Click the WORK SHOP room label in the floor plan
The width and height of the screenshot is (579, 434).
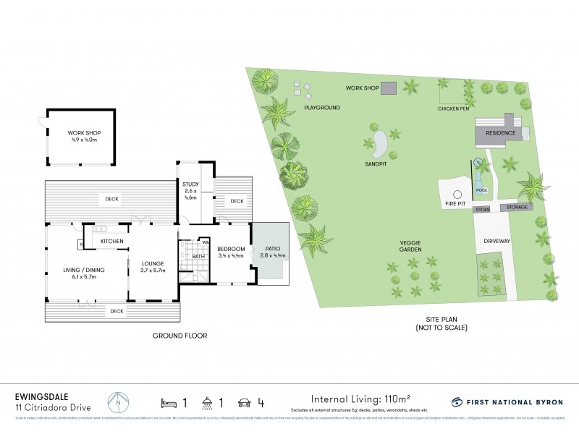pyautogui.click(x=85, y=133)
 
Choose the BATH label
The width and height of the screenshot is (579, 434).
pyautogui.click(x=198, y=255)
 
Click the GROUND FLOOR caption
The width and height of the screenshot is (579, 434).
pyautogui.click(x=179, y=335)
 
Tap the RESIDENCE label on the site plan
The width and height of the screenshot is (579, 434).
pyautogui.click(x=500, y=133)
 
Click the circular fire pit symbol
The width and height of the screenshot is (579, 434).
pyautogui.click(x=457, y=193)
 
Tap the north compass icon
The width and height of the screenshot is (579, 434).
pyautogui.click(x=119, y=401)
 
